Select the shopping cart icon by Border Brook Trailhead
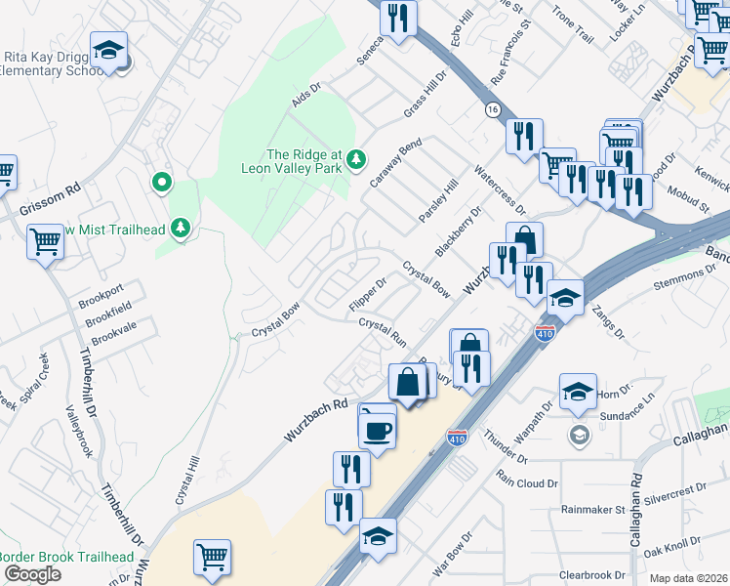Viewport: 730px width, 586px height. tap(212, 557)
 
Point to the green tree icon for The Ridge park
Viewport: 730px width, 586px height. tap(357, 157)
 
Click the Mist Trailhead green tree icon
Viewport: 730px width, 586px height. tap(180, 229)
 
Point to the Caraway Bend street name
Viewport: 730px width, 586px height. tap(395, 163)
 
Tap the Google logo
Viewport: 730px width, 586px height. tap(32, 573)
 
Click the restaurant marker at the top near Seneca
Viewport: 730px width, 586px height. tap(397, 18)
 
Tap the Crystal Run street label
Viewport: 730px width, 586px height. tap(383, 331)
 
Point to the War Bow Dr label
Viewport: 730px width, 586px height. tap(453, 552)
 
